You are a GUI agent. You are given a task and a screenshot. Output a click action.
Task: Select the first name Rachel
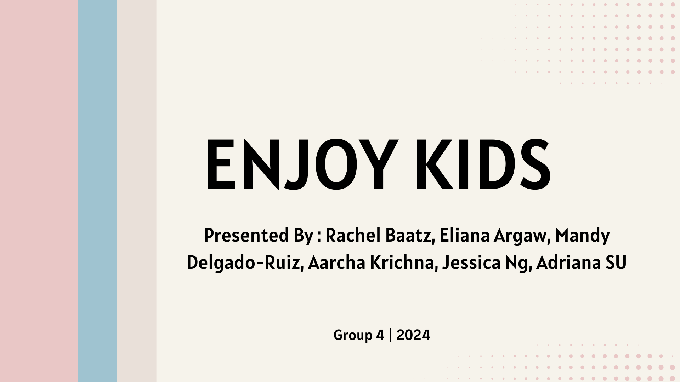[353, 236]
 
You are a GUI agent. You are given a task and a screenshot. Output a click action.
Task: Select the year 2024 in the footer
[413, 335]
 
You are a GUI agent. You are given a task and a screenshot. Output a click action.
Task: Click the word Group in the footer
[353, 335]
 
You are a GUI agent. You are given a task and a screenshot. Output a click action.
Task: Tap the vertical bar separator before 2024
[390, 335]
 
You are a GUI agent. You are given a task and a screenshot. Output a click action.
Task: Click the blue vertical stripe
[97, 191]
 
